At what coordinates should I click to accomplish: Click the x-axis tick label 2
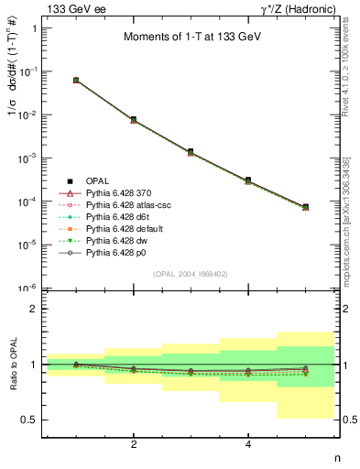click(134, 445)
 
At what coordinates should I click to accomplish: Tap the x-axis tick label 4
click(248, 445)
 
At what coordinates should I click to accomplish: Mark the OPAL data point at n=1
click(76, 81)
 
